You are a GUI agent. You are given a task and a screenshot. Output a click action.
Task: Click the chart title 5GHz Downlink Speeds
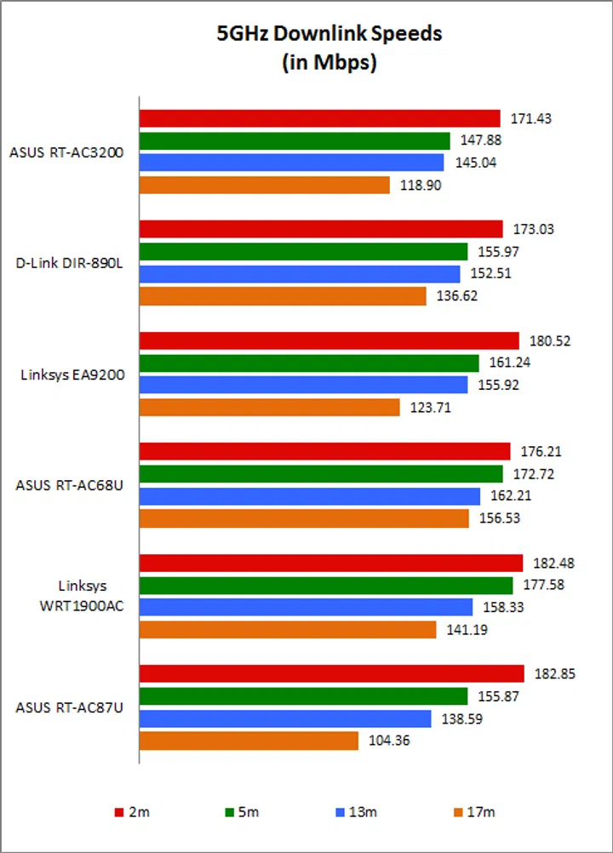329,34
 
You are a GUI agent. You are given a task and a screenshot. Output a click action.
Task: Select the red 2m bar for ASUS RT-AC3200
319,118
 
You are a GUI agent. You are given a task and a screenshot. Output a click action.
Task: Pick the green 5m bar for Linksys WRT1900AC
325,585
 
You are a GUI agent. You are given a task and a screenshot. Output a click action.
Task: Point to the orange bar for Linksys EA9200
269,408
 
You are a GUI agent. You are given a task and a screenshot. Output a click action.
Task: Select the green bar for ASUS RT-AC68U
321,473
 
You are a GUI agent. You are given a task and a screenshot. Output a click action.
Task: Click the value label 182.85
555,673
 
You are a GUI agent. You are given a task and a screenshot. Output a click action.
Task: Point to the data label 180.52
549,341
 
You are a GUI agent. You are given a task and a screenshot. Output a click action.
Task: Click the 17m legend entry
475,811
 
